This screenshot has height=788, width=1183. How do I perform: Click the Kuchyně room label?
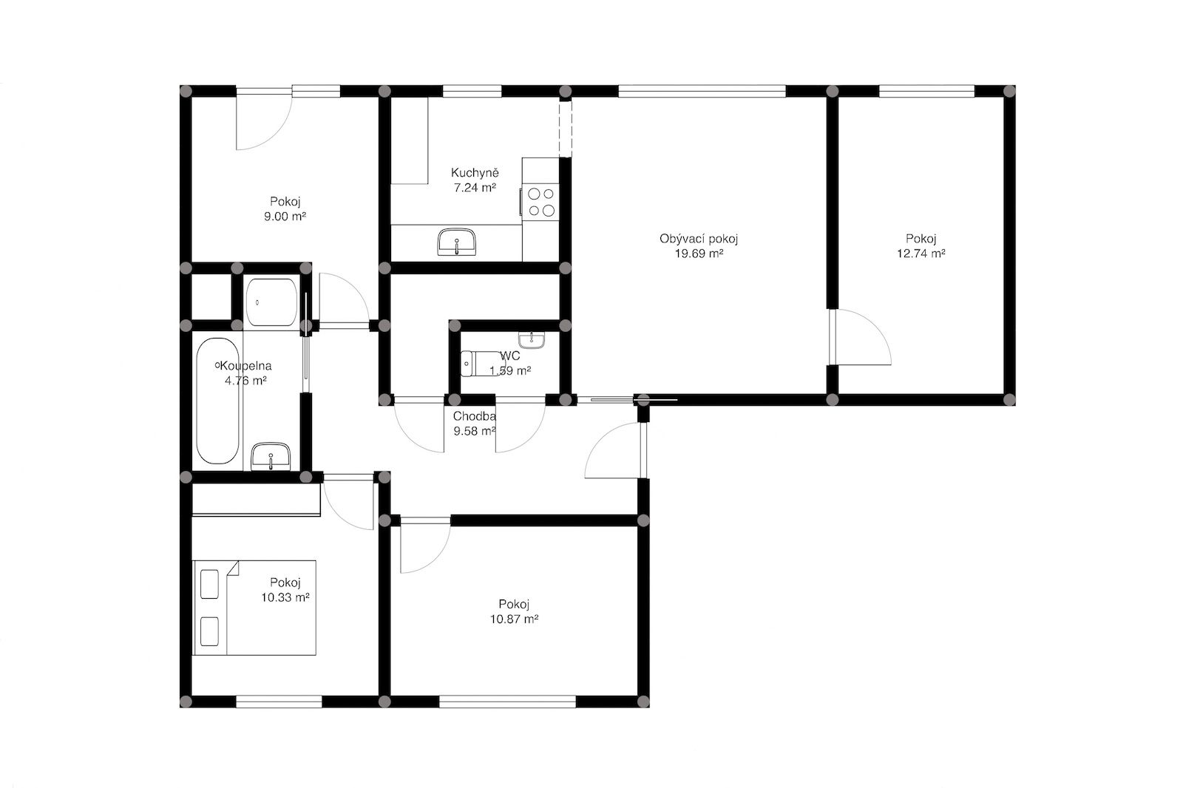475,173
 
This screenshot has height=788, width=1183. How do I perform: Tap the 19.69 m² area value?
699,254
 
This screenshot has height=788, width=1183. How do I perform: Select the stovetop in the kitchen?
540,203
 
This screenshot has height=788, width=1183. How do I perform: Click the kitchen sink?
457,242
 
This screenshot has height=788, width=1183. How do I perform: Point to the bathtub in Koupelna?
217,401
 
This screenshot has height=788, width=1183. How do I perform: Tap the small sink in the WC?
531,340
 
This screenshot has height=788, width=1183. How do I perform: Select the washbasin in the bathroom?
271,456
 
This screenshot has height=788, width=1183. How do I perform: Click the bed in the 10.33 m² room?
254,608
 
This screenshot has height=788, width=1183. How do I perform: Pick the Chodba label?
474,416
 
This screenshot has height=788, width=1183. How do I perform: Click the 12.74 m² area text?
921,254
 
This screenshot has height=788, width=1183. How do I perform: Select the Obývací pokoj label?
699,239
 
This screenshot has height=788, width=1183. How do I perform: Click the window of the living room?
702,92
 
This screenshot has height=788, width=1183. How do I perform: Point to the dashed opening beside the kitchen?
565,129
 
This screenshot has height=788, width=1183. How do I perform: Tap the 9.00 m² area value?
285,217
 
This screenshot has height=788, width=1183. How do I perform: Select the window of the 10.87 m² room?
507,702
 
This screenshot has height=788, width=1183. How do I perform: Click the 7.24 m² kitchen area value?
475,188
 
